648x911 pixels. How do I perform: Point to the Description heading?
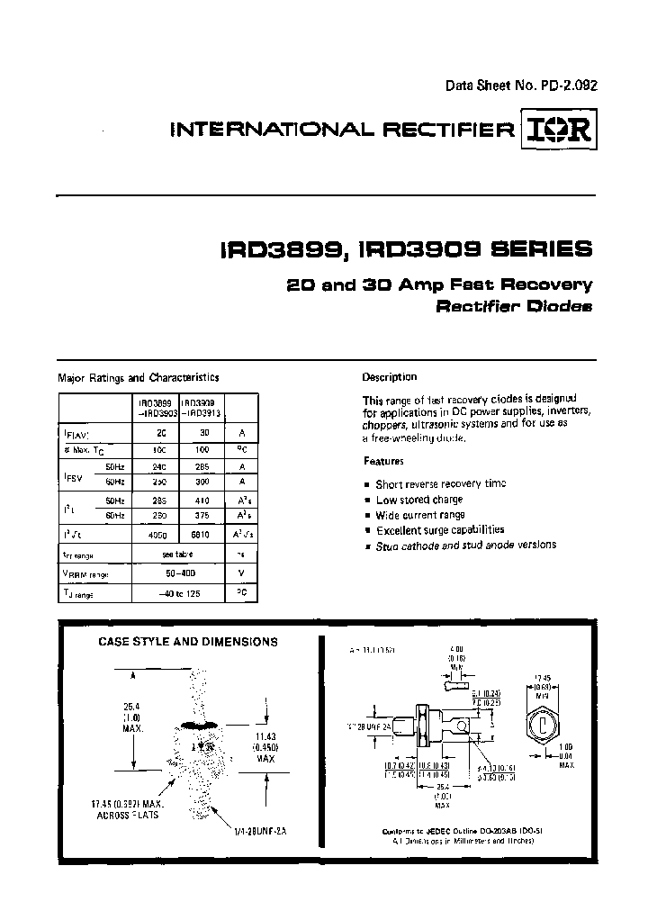(x=390, y=377)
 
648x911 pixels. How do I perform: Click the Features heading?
(x=383, y=461)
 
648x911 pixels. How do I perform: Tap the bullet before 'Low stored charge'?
(x=367, y=500)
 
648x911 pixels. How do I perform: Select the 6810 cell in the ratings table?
(x=202, y=535)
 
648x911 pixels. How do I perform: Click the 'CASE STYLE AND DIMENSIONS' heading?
(x=187, y=642)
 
